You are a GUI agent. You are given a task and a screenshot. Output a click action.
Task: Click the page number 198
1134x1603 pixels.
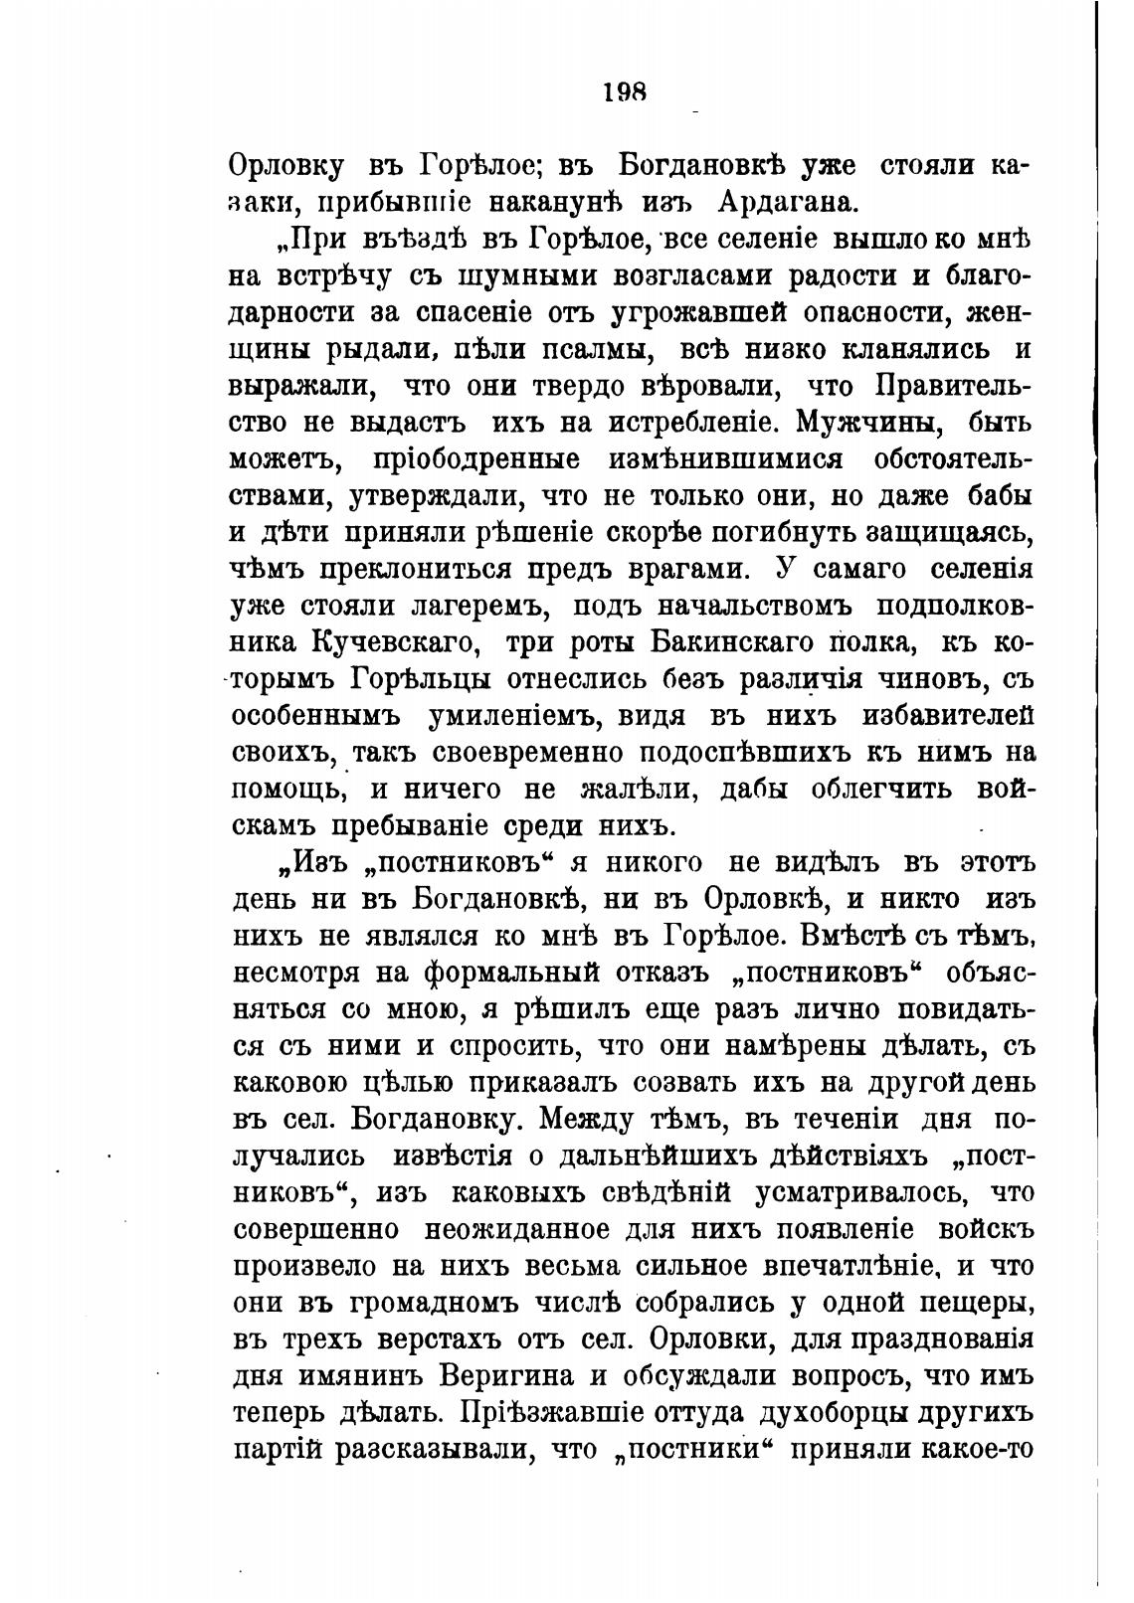(625, 92)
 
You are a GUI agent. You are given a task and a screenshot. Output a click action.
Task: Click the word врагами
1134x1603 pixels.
(671, 571)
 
